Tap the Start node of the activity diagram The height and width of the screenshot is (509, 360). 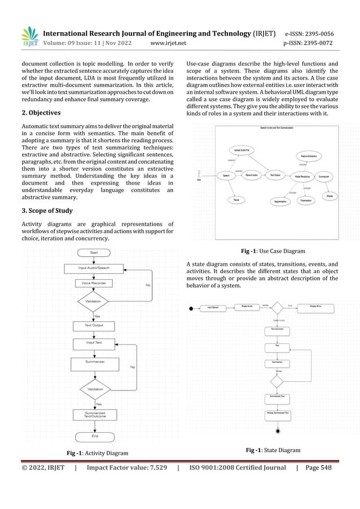click(94, 253)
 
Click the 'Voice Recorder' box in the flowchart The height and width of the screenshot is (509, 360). click(94, 282)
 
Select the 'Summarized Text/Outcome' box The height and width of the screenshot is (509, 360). click(94, 415)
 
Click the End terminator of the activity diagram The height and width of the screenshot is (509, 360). click(94, 436)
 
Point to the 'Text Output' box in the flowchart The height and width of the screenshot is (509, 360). click(94, 326)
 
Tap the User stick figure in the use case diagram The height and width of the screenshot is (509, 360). click(199, 174)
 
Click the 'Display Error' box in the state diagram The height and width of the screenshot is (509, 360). click(320, 308)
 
